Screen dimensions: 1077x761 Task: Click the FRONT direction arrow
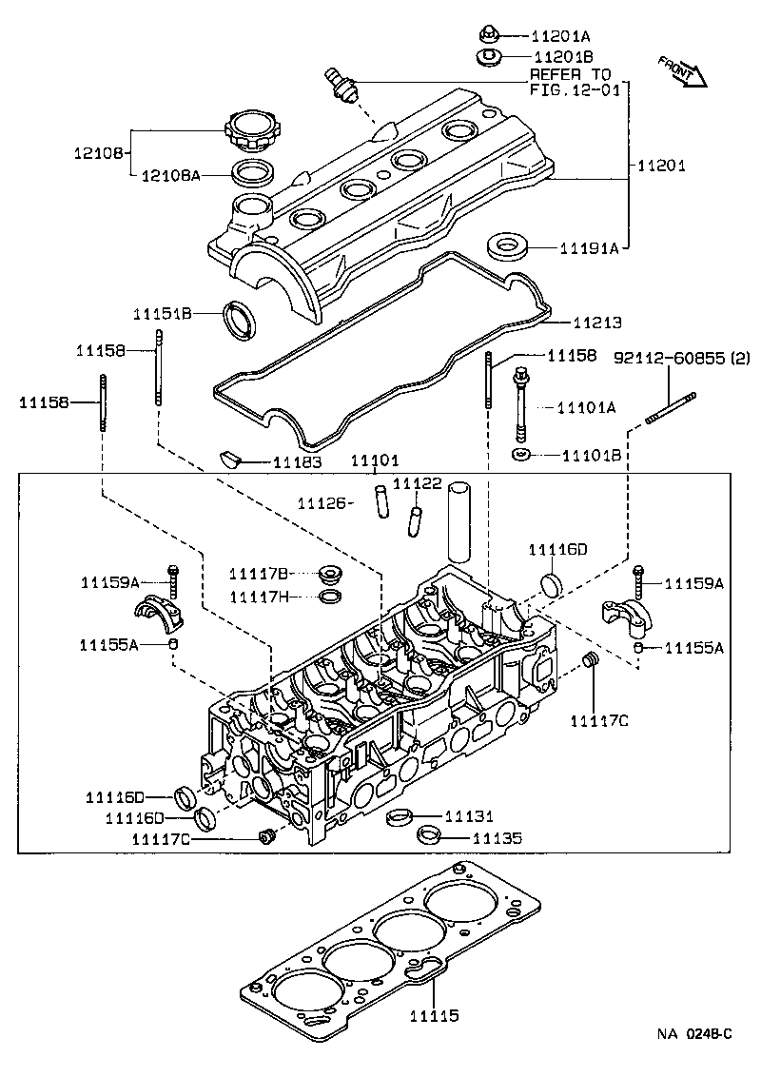(x=683, y=71)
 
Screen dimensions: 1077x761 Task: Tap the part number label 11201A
(x=562, y=36)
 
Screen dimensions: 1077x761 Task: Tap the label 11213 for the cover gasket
(x=596, y=323)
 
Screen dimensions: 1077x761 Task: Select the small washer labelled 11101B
(x=521, y=456)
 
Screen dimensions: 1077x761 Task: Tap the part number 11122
(x=418, y=484)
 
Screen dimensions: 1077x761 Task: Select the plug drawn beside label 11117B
(x=331, y=574)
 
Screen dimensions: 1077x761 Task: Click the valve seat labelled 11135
(x=430, y=837)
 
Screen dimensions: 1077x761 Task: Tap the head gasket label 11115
(x=434, y=1015)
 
